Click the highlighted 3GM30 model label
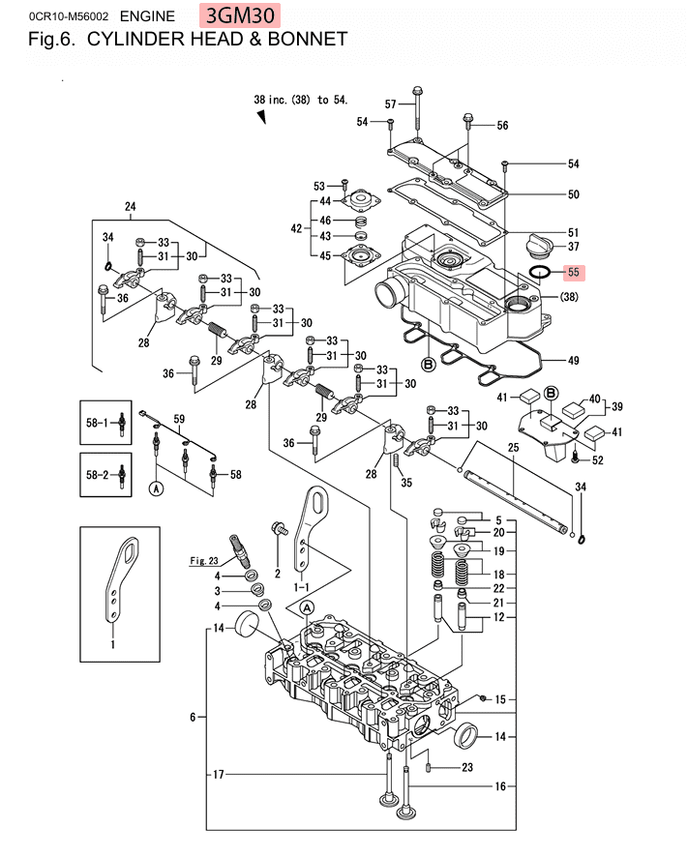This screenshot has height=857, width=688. (x=240, y=15)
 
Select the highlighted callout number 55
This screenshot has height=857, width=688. (x=573, y=272)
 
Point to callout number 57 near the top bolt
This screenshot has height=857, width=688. (x=391, y=104)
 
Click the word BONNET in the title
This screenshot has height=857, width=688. (x=308, y=40)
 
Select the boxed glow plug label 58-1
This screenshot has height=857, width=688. (x=97, y=423)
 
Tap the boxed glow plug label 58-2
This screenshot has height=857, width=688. (x=98, y=474)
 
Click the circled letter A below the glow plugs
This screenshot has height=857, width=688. (x=157, y=488)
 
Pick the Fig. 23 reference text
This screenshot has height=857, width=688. (x=204, y=561)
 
